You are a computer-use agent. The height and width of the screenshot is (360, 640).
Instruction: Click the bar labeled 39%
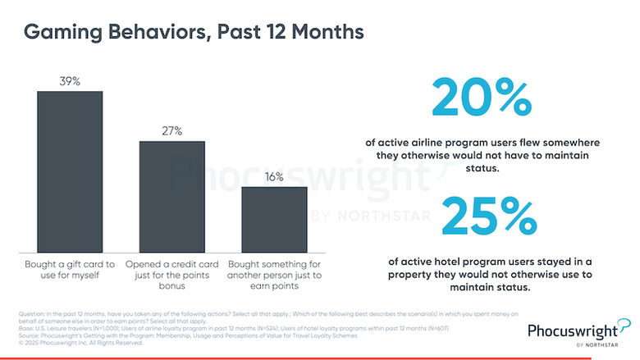pos(70,171)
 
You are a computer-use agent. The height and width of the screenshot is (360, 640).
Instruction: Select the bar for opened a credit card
pos(171,197)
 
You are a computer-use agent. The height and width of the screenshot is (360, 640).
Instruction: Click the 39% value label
pos(70,80)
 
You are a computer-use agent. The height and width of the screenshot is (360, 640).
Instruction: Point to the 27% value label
pos(171,131)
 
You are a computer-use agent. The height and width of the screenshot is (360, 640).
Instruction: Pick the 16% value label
pos(273,177)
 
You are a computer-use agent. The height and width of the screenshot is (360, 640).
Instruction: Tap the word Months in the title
pos(322,34)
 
